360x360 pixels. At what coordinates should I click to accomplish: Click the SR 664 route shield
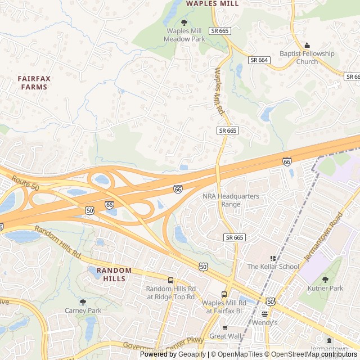[260, 60]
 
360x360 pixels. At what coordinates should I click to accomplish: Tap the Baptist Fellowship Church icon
[307, 46]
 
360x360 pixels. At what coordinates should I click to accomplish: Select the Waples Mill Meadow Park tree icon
[184, 22]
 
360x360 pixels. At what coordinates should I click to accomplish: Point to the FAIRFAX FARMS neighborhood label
[34, 83]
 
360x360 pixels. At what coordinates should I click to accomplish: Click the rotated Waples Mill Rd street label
[219, 92]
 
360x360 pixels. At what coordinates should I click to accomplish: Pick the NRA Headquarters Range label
[231, 200]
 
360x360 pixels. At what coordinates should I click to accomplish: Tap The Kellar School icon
[273, 258]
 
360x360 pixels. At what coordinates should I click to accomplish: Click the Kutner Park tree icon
[325, 280]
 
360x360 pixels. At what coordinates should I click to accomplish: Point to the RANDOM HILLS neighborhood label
[114, 274]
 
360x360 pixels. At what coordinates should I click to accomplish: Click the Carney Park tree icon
[83, 302]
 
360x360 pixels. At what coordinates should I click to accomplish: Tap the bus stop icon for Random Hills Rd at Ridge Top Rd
[170, 280]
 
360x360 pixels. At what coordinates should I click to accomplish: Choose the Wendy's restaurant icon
[264, 314]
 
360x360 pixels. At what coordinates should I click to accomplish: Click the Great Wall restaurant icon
[225, 328]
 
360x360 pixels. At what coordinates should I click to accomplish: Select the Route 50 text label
[24, 183]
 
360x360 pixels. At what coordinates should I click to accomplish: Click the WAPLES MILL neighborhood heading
[212, 3]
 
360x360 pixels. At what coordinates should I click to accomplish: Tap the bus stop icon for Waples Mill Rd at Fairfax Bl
[224, 295]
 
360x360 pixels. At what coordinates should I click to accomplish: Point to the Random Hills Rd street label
[57, 242]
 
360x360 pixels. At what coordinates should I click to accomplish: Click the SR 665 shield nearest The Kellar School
[234, 237]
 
